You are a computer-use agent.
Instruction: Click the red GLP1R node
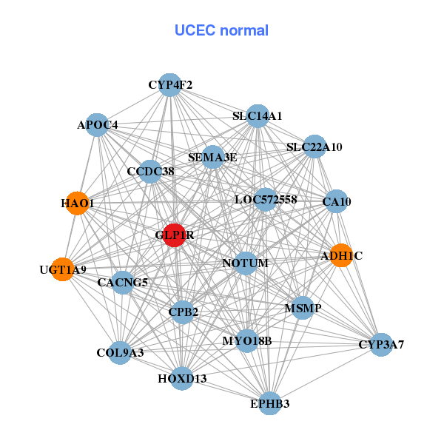(x=174, y=235)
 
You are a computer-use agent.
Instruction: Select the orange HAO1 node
(x=77, y=203)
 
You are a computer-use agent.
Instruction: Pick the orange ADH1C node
(x=341, y=256)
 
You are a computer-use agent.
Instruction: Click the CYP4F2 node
(x=170, y=85)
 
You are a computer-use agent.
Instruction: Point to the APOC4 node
(x=98, y=125)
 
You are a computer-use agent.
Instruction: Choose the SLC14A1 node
(x=258, y=116)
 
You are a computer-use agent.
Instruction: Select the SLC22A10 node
(x=315, y=147)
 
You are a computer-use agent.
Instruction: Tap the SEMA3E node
(x=212, y=157)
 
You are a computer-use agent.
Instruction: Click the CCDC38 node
(x=150, y=171)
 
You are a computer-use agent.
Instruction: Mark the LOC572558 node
(x=266, y=200)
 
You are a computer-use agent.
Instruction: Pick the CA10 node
(x=337, y=201)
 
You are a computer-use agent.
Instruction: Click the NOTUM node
(x=246, y=263)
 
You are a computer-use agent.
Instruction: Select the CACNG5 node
(x=123, y=282)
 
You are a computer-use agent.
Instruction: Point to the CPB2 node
(x=184, y=312)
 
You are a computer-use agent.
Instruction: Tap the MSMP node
(x=303, y=307)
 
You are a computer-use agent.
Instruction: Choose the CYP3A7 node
(x=381, y=345)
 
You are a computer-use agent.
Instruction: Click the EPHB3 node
(x=270, y=403)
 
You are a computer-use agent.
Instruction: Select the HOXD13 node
(x=182, y=379)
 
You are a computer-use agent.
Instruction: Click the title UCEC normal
(x=221, y=30)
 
